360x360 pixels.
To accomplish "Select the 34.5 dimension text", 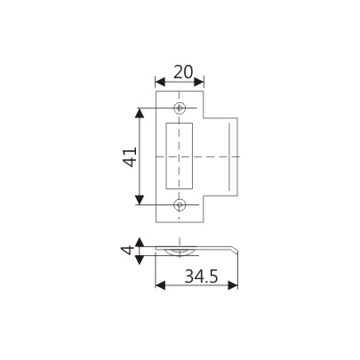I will [x=196, y=276].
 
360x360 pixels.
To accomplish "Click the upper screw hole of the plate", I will [x=180, y=108].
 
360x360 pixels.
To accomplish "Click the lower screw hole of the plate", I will [x=180, y=204].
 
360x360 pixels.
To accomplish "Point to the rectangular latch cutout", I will [x=180, y=156].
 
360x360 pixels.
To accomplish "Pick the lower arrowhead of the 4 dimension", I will [x=140, y=258].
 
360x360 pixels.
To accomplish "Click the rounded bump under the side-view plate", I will [x=180, y=254].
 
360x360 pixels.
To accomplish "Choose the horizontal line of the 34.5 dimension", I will [x=196, y=286].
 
